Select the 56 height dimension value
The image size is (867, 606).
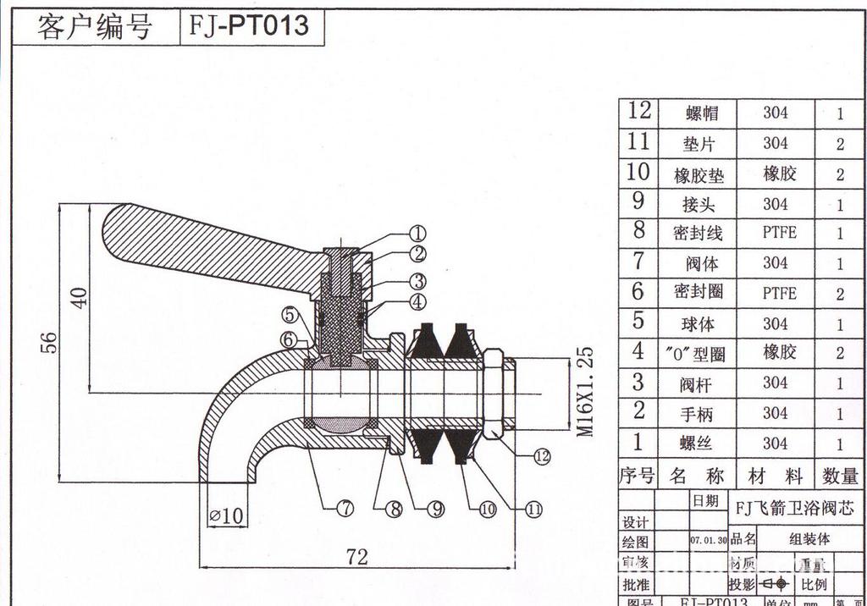(x=50, y=342)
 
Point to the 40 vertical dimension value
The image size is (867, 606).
(x=79, y=297)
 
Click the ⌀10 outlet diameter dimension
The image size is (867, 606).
(x=226, y=514)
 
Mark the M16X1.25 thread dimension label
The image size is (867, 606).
(x=585, y=391)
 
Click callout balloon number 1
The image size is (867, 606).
(x=417, y=234)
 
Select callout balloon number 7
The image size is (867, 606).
(x=345, y=509)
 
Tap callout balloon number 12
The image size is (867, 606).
(x=542, y=456)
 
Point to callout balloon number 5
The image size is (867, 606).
(x=290, y=315)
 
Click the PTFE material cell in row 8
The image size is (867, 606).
(x=779, y=233)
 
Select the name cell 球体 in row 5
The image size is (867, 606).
(x=699, y=324)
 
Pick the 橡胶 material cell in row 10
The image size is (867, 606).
(x=779, y=174)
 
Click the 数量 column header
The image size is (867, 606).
(x=840, y=476)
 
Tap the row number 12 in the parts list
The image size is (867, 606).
(x=639, y=112)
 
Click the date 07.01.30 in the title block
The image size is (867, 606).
(x=708, y=539)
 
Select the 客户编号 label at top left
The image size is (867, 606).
(x=94, y=27)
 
